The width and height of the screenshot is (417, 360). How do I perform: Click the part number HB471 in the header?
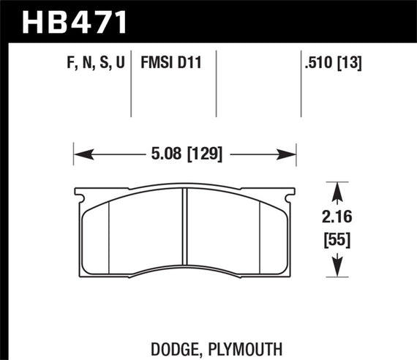click(x=76, y=20)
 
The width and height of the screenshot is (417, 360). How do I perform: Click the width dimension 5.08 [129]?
click(x=184, y=154)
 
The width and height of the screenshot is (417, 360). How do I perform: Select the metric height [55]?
click(x=337, y=239)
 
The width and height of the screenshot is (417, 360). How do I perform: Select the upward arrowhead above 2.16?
click(x=337, y=192)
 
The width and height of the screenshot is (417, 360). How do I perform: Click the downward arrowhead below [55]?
click(x=337, y=267)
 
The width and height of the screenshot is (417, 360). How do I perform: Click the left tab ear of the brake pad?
click(x=80, y=195)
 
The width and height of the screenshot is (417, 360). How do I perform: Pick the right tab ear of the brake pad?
click(x=291, y=195)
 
